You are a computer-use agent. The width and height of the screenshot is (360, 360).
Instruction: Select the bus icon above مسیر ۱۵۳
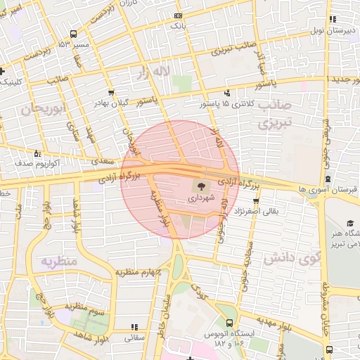(x=74, y=33)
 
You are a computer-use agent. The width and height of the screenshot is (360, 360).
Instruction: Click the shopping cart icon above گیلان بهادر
(x=111, y=92)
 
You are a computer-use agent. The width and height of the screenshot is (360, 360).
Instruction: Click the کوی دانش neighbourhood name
(x=288, y=258)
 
